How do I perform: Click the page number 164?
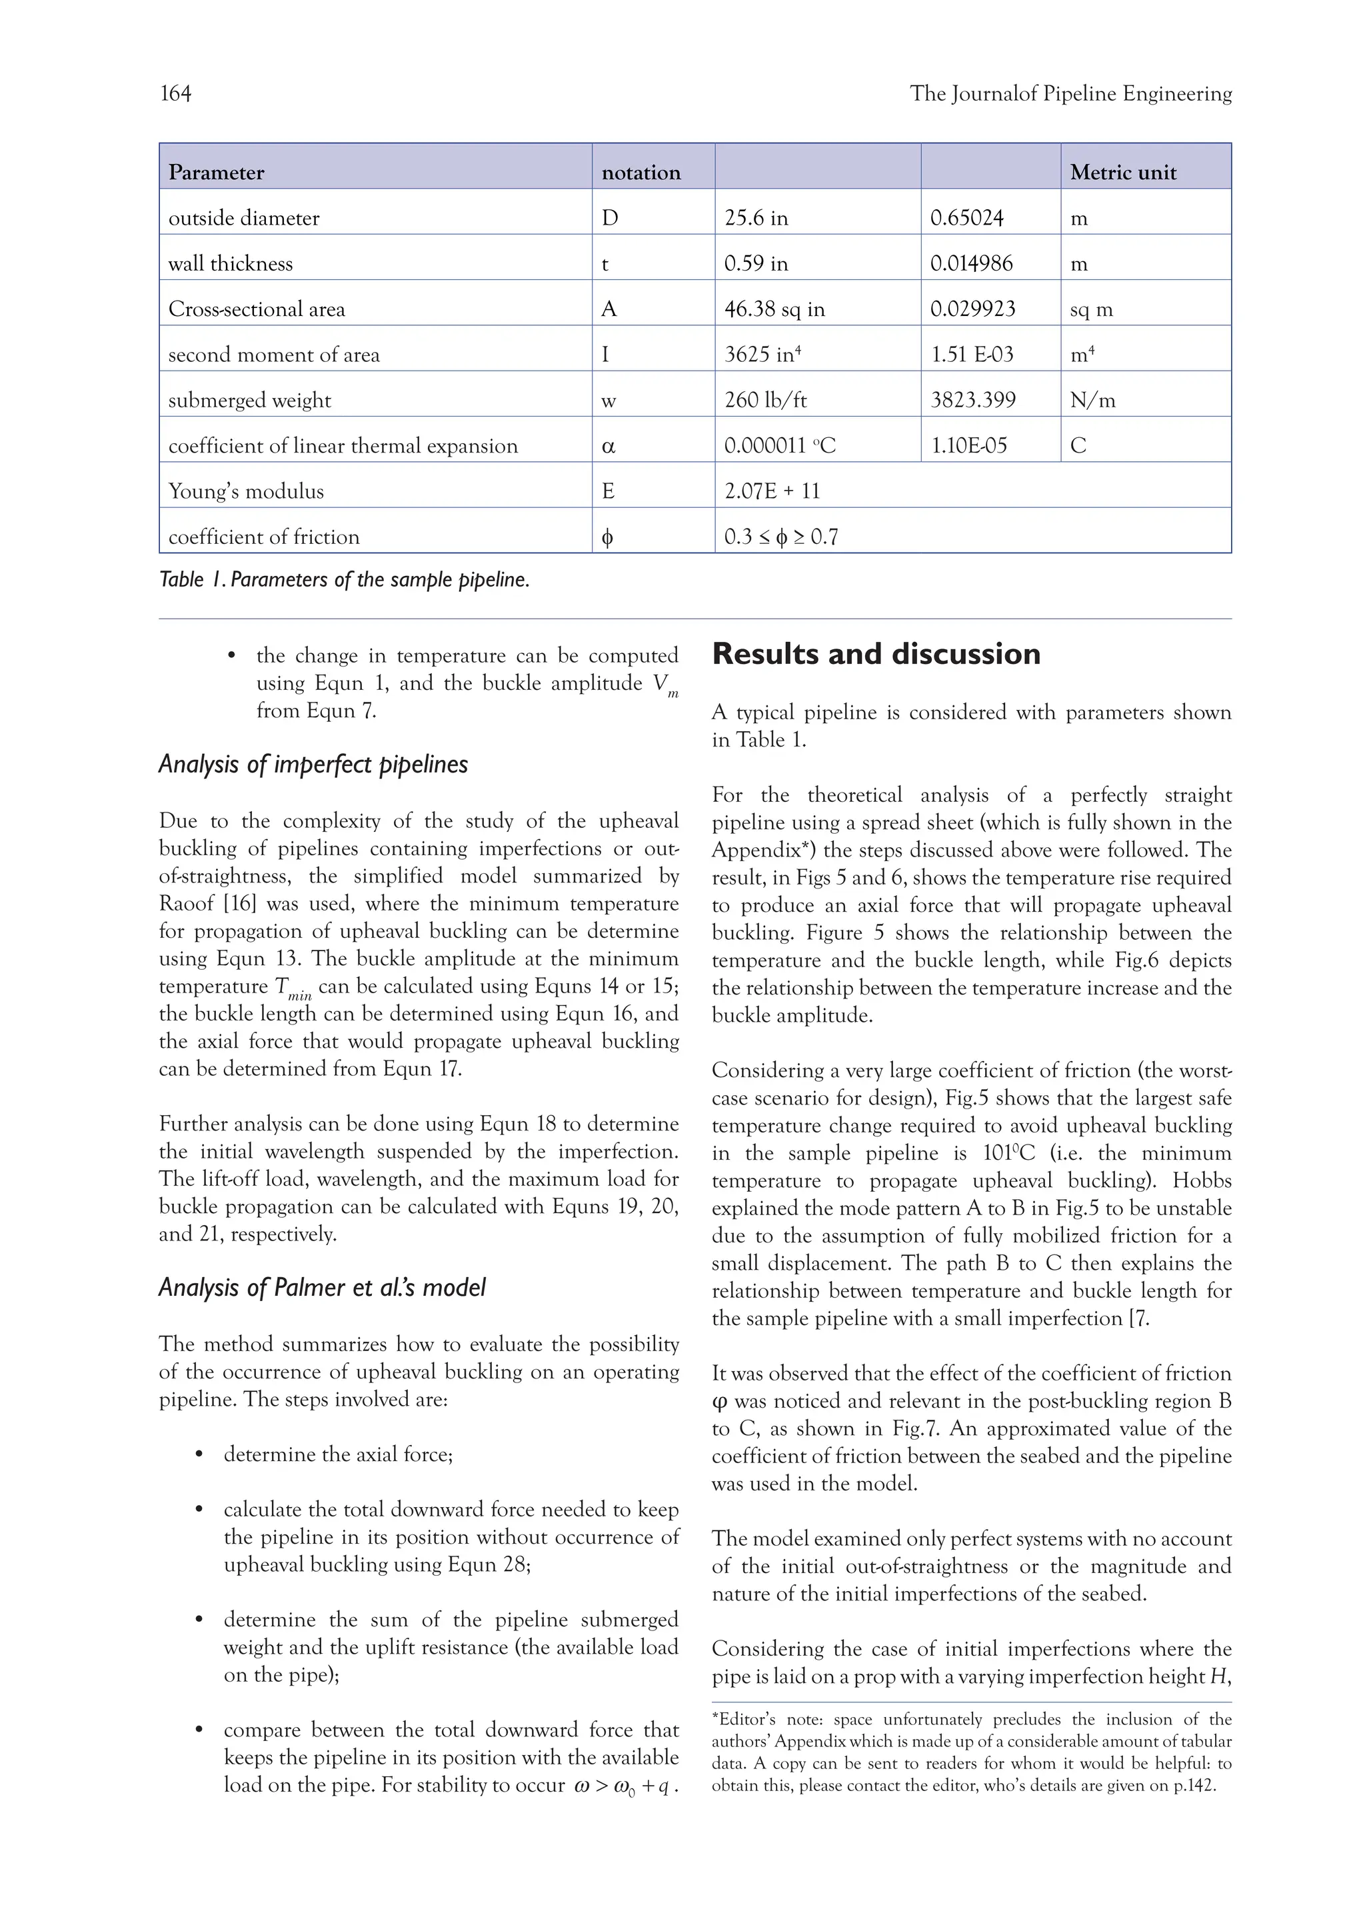pyautogui.click(x=176, y=93)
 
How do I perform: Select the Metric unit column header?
pyautogui.click(x=1122, y=173)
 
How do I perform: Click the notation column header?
pyautogui.click(x=641, y=173)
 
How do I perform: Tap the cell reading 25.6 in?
pyautogui.click(x=756, y=219)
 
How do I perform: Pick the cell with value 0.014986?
pyautogui.click(x=971, y=264)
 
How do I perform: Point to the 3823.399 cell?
pyautogui.click(x=972, y=400)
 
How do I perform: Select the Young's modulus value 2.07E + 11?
pyautogui.click(x=772, y=491)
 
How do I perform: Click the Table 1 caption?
pyautogui.click(x=344, y=579)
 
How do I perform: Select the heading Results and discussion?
pyautogui.click(x=876, y=653)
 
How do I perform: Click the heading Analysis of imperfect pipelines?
pyautogui.click(x=313, y=764)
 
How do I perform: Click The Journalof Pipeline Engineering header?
pyautogui.click(x=1070, y=93)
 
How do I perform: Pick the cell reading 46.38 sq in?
pyautogui.click(x=774, y=309)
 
